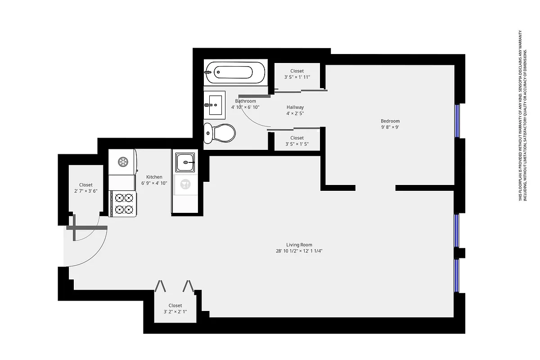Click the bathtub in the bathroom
(235, 72)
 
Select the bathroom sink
(214, 104)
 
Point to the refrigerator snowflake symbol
(122, 162)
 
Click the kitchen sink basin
(185, 162)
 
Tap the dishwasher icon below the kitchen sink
(185, 184)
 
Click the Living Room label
(299, 245)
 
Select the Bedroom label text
(390, 121)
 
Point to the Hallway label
(295, 107)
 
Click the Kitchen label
(154, 177)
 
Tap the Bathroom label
(245, 101)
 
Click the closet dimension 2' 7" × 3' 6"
(86, 191)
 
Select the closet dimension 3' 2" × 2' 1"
(175, 312)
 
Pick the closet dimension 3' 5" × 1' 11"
(297, 77)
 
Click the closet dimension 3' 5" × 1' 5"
(297, 144)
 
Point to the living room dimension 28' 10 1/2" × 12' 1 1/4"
(299, 251)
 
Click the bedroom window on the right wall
(458, 121)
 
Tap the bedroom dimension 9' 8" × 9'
(390, 127)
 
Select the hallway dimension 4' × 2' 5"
(295, 113)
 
